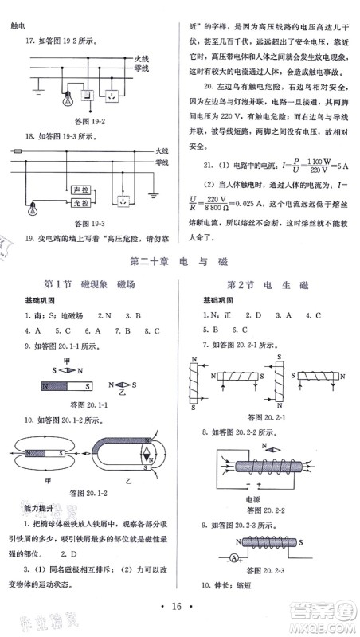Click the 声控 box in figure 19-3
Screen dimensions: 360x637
(x=79, y=192)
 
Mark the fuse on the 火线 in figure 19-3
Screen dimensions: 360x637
(x=18, y=150)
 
